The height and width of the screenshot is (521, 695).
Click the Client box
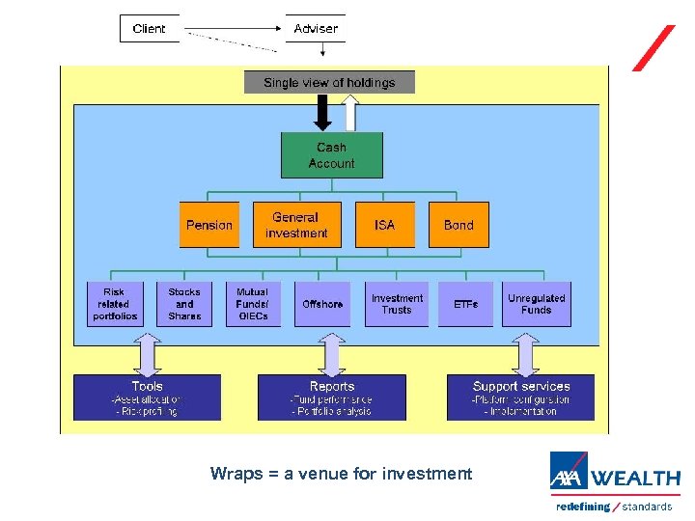(x=149, y=28)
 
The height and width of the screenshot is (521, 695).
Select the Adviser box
(x=316, y=28)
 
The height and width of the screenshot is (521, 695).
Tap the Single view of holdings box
(x=329, y=83)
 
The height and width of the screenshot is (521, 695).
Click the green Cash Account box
(x=331, y=155)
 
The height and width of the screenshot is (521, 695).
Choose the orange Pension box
(x=209, y=225)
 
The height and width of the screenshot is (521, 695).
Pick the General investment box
(x=296, y=225)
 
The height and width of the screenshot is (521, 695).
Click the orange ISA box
(x=384, y=225)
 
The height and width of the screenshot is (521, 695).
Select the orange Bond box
(x=459, y=225)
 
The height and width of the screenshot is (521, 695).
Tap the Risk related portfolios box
(x=115, y=304)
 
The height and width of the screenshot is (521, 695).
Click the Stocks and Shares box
(x=184, y=304)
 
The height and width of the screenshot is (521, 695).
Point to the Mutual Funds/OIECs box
(x=253, y=304)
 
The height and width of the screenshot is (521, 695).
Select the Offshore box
(x=322, y=304)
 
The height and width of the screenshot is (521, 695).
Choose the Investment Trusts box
(x=397, y=304)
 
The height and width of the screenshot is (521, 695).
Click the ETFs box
(x=465, y=304)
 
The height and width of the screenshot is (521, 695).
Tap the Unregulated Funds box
(x=536, y=304)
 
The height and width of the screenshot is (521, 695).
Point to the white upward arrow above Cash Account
(x=351, y=112)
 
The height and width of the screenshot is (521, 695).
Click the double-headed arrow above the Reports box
(x=331, y=354)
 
